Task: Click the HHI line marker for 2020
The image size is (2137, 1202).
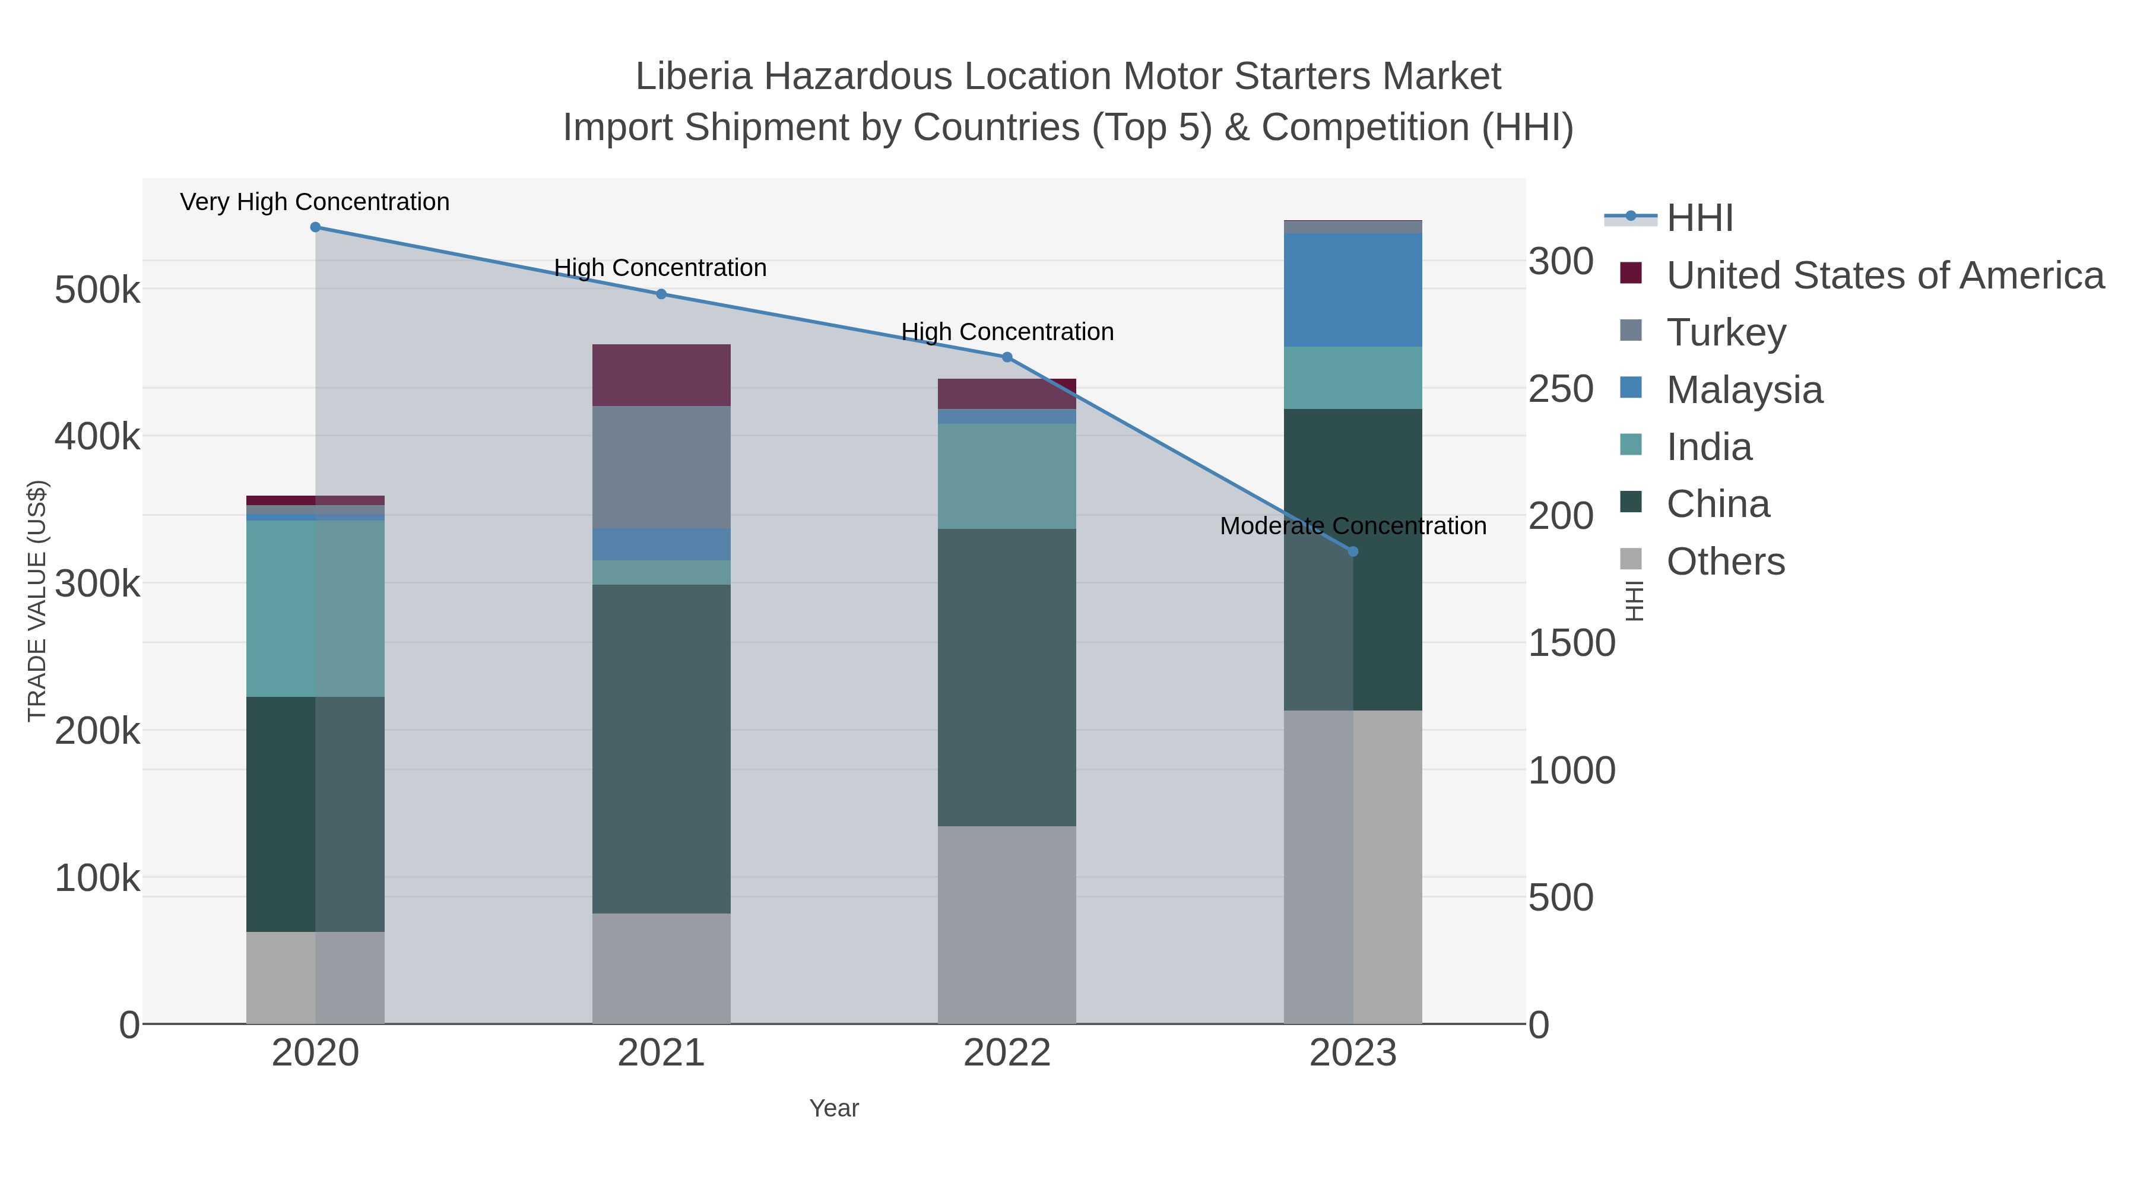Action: [315, 227]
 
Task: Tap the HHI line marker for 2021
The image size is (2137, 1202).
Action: [661, 294]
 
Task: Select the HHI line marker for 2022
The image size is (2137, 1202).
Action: [1007, 357]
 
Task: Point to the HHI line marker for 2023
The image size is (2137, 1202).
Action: [1353, 551]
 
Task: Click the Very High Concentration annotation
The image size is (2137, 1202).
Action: [315, 202]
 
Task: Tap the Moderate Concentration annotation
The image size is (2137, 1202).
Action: [1353, 526]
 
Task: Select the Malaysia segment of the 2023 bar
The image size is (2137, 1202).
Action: [1353, 290]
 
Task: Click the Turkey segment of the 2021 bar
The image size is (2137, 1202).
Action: [661, 467]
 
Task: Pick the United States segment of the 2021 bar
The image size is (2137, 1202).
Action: [661, 375]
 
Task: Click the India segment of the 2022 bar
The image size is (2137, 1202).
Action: [1007, 476]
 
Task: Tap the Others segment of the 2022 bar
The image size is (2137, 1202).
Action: [1007, 924]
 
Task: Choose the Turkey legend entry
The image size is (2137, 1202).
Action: [1726, 332]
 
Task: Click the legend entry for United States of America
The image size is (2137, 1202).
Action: [1884, 275]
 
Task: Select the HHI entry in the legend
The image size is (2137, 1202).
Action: [1699, 218]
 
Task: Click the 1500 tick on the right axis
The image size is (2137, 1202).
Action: [1572, 643]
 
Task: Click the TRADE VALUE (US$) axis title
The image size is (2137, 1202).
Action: [37, 601]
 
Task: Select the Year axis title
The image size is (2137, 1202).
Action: [834, 1108]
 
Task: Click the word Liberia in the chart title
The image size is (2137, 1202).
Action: [693, 77]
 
